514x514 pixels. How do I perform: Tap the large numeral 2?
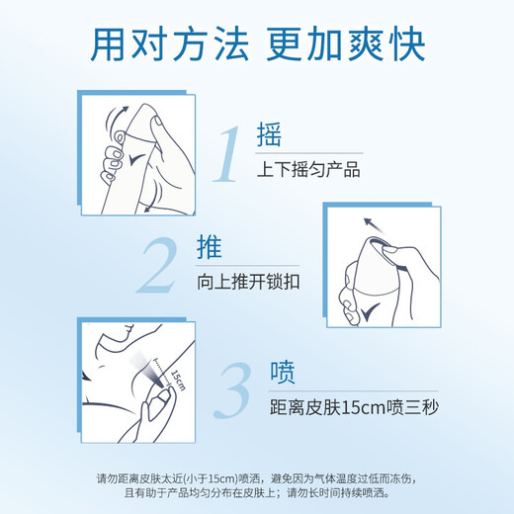click(157, 266)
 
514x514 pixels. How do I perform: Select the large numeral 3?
click(232, 390)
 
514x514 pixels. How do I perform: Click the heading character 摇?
click(269, 134)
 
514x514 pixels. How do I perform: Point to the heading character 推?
click(210, 246)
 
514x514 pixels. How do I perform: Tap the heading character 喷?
click(283, 372)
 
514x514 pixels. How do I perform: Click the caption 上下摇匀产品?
click(308, 169)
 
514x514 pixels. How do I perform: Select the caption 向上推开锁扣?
click(248, 282)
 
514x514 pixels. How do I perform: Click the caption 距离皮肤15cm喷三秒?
click(354, 407)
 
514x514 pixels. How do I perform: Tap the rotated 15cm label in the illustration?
click(178, 380)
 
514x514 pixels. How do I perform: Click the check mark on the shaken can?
click(136, 159)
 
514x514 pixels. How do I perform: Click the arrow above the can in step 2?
click(375, 225)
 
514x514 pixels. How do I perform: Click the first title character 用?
click(108, 44)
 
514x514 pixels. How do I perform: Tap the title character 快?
click(407, 44)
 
